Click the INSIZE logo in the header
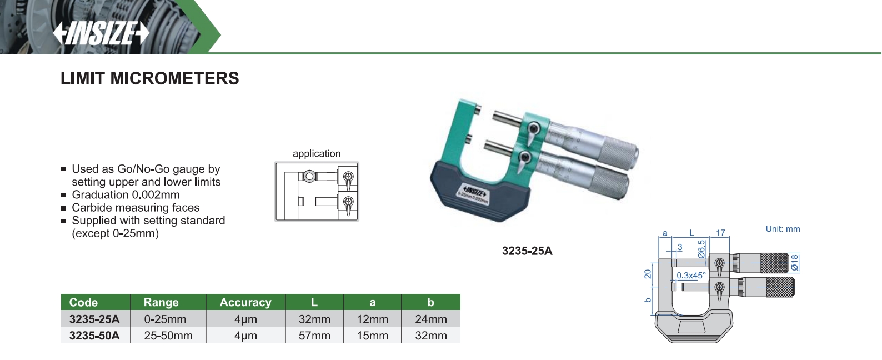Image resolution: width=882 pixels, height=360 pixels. click(101, 33)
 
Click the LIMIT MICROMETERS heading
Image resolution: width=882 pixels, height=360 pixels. click(149, 78)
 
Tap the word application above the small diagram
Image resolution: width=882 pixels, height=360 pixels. click(317, 153)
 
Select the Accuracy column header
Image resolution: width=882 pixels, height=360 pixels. click(245, 302)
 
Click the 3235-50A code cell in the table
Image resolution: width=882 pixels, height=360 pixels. click(94, 336)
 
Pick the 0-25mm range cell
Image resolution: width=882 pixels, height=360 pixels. click(165, 319)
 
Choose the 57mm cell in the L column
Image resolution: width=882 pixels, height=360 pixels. click(314, 336)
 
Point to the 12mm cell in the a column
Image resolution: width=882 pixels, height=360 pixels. click(373, 319)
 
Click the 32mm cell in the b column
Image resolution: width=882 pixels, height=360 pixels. click(431, 336)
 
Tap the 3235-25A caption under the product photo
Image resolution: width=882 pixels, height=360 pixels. click(527, 251)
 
